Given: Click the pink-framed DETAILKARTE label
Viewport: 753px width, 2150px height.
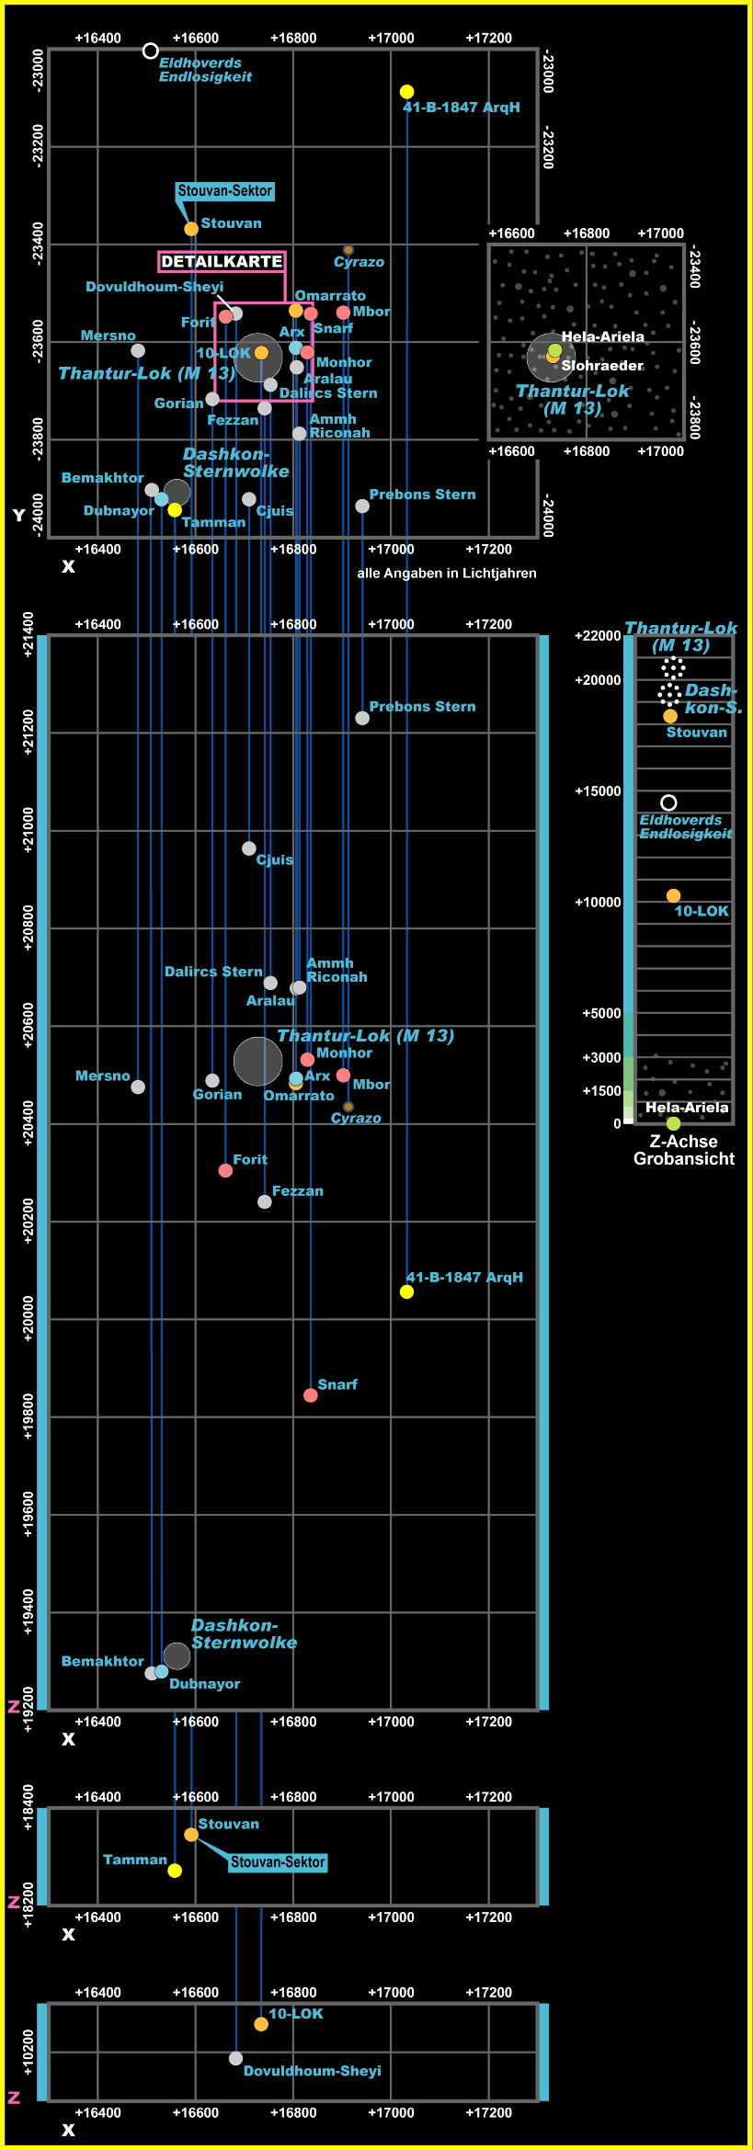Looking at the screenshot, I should click(222, 262).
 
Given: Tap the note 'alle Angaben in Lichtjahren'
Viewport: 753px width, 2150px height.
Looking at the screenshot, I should click(447, 573).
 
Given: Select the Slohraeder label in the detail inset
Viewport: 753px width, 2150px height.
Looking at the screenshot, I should click(602, 366).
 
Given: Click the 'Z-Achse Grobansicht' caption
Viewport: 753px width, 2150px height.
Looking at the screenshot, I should click(684, 1150).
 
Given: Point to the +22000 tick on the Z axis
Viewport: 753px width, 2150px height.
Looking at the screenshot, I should click(598, 635).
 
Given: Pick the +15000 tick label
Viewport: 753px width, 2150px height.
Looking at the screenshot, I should click(598, 791).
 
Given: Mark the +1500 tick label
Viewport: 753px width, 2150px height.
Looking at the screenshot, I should click(601, 1090).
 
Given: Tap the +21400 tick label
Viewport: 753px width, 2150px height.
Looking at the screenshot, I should click(29, 634).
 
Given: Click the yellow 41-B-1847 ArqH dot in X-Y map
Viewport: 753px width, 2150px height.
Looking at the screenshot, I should click(406, 92).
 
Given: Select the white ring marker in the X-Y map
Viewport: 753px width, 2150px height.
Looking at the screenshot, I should click(151, 51).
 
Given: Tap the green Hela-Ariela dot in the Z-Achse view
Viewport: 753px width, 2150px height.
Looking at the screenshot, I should click(674, 1123).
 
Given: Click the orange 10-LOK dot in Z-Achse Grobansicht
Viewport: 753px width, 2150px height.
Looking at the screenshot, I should click(673, 895).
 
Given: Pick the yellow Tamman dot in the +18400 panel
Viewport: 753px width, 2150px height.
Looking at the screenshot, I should click(175, 1871).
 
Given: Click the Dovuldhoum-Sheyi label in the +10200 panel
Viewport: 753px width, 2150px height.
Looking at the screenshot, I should click(312, 2071).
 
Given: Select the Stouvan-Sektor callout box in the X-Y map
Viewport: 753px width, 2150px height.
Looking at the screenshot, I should click(225, 191).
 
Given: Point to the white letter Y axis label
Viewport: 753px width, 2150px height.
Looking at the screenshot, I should click(18, 516).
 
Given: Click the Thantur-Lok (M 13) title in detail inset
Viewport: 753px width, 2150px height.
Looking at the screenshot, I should click(573, 399).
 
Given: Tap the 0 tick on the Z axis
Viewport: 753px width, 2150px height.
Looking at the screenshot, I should click(617, 1123).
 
